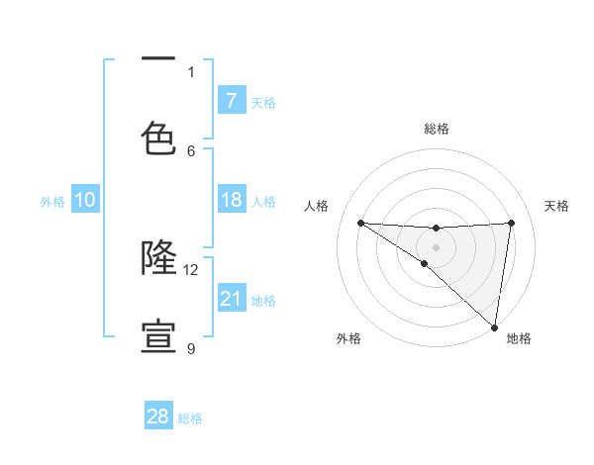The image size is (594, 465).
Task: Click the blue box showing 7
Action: (x=232, y=101)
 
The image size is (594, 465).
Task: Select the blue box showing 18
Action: (x=232, y=201)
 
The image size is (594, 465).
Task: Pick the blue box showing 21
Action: (x=232, y=300)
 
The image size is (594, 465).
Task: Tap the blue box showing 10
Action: (x=85, y=201)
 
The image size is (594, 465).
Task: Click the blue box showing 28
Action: (x=158, y=417)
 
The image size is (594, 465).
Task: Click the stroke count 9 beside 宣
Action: (x=191, y=348)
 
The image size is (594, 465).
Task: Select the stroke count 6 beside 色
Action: (x=191, y=150)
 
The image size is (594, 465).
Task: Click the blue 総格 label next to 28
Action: (x=190, y=418)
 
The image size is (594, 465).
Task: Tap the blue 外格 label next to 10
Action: (x=52, y=202)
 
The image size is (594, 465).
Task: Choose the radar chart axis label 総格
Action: (x=437, y=129)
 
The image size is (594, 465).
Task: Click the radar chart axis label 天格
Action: (x=556, y=206)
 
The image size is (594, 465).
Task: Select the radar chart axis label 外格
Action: (x=348, y=338)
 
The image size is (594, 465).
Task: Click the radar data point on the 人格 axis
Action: (x=360, y=223)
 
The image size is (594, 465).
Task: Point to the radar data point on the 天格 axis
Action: (x=511, y=223)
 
